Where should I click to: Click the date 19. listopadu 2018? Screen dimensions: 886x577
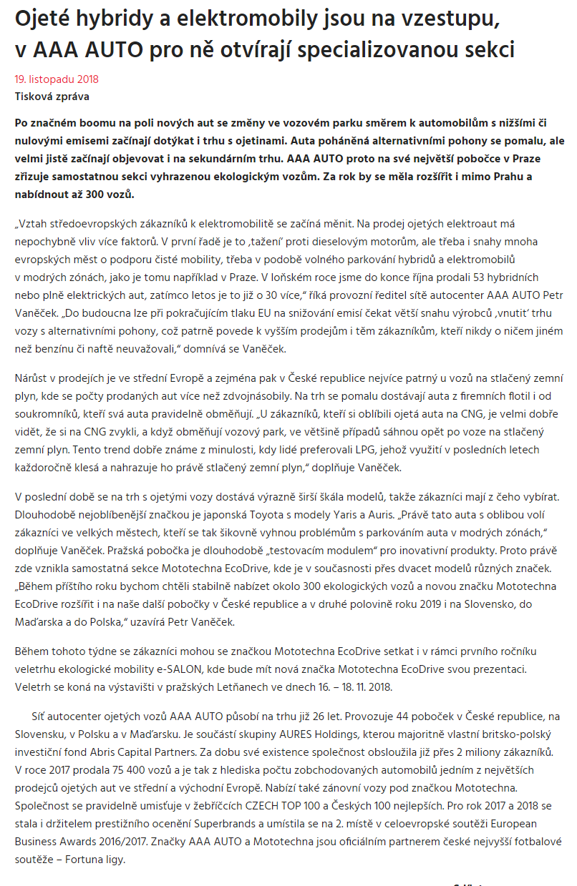pos(57,79)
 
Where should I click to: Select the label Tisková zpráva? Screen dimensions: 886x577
pos(52,97)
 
